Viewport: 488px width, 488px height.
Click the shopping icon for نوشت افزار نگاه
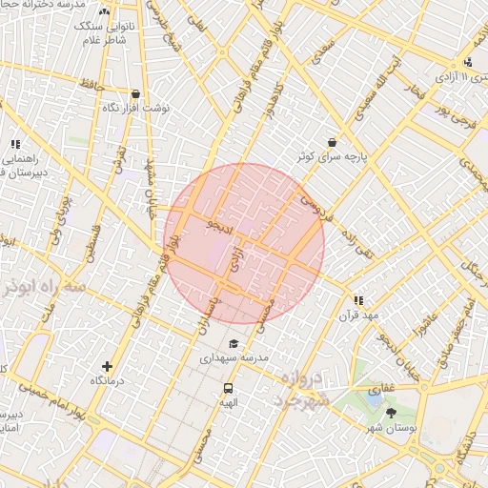pyautogui.click(x=135, y=94)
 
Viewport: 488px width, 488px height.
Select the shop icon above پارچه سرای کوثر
pyautogui.click(x=332, y=142)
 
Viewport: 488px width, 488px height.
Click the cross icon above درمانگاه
pyautogui.click(x=107, y=366)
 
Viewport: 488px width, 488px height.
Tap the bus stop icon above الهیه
pyautogui.click(x=228, y=388)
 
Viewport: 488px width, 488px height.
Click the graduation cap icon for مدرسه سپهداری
pyautogui.click(x=234, y=343)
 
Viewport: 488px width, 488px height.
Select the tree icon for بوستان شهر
pyautogui.click(x=391, y=413)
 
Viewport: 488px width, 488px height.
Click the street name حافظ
pyautogui.click(x=91, y=85)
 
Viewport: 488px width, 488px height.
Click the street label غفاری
pyautogui.click(x=381, y=389)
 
